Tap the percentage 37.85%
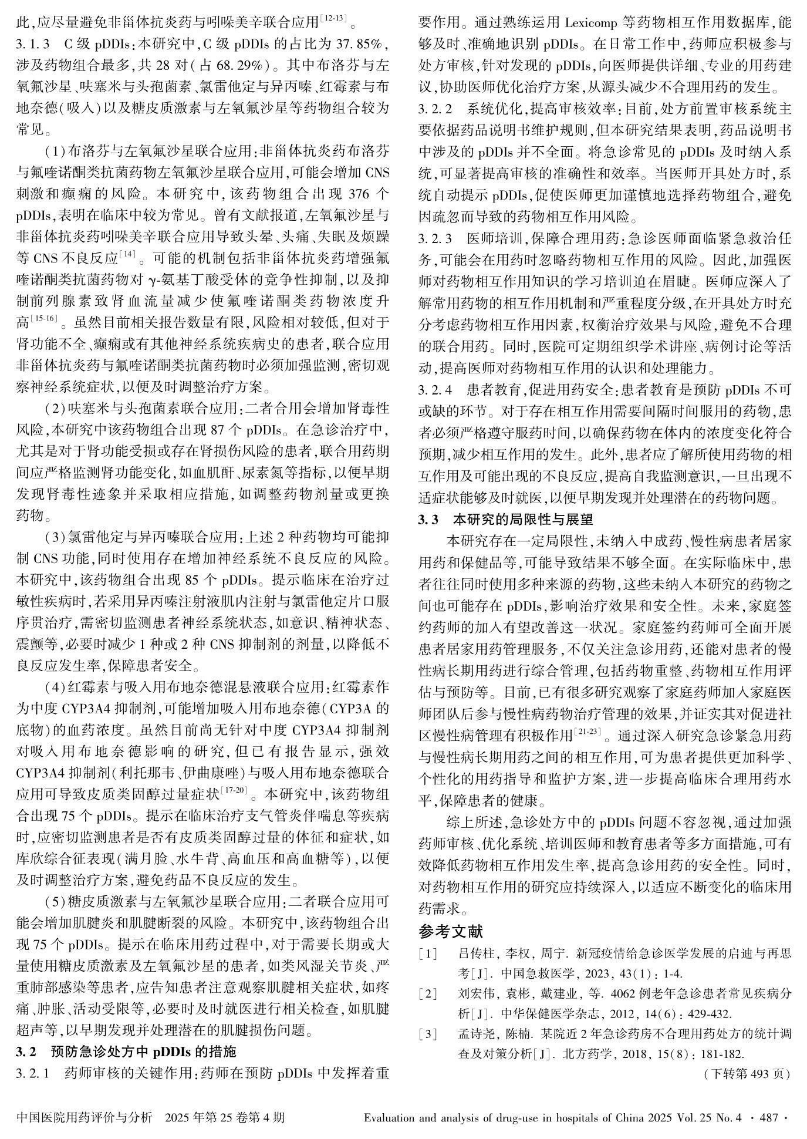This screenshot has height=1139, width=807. point(359,44)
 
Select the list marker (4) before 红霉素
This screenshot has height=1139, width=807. point(55,687)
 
